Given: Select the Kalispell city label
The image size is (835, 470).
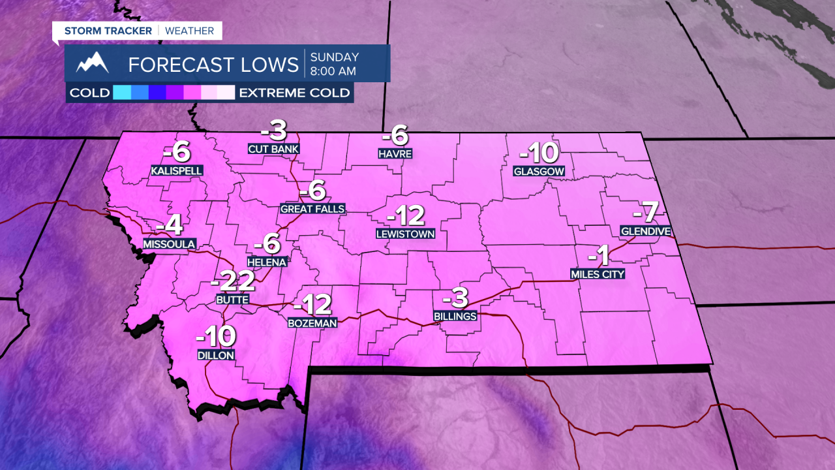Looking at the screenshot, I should [x=177, y=170].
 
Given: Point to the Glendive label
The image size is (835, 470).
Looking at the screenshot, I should [x=646, y=231].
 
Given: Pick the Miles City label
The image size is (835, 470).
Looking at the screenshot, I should [x=598, y=274].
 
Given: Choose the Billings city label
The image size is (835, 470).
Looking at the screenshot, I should [x=455, y=316].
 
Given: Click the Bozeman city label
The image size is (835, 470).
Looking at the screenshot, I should [x=312, y=322].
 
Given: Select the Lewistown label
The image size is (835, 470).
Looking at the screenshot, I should [x=405, y=233].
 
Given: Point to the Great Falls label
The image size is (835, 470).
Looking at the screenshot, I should [x=312, y=209].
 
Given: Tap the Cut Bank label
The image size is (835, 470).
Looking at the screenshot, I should [x=273, y=148].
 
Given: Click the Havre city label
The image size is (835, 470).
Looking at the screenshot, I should [x=395, y=154].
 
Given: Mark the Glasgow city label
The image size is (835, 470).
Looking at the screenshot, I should [x=539, y=172].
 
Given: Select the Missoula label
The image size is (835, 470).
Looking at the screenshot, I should [x=170, y=243].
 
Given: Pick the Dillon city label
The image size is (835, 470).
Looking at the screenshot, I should [x=216, y=355].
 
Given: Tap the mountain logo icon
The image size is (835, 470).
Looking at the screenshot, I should [x=92, y=63].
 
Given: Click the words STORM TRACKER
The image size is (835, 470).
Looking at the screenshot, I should [x=108, y=31].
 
